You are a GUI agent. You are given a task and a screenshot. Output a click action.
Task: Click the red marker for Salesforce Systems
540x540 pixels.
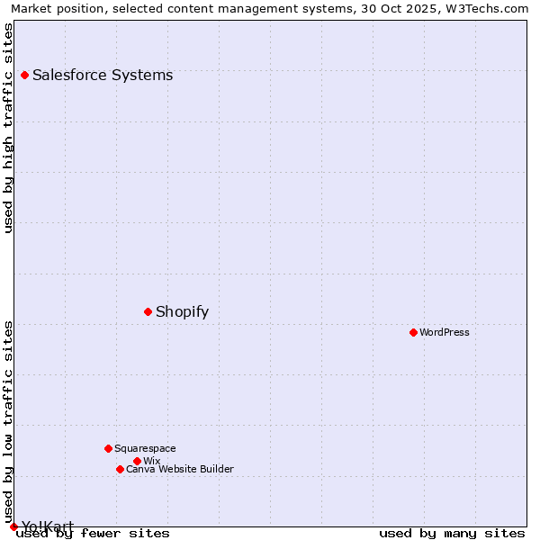click(24, 76)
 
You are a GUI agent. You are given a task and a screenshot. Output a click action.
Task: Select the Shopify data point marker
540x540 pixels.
click(148, 312)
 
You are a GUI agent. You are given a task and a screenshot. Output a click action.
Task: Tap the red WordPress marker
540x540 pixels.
click(413, 333)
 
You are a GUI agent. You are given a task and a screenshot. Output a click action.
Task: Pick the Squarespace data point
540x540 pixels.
click(108, 448)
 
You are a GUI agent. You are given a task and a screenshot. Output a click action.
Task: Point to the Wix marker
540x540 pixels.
click(137, 461)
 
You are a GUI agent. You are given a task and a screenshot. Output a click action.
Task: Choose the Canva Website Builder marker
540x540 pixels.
click(120, 469)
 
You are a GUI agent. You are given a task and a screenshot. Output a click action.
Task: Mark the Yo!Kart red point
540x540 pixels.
click(13, 526)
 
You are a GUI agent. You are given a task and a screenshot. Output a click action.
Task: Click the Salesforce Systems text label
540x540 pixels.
click(103, 76)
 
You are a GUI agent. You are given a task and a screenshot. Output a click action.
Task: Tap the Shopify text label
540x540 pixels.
click(182, 312)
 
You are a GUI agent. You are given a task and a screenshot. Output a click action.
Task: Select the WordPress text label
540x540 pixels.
click(445, 333)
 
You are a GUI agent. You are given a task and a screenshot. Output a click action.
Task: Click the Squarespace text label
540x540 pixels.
click(145, 448)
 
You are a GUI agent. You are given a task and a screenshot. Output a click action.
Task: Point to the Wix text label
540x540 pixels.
click(151, 461)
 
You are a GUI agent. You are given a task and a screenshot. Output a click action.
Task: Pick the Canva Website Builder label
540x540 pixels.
click(180, 469)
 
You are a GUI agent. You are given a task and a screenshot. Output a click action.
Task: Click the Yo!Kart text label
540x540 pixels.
click(47, 526)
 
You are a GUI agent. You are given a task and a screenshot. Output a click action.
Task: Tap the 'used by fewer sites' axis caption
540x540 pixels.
click(93, 534)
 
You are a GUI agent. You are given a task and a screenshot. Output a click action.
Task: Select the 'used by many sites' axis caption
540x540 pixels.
click(452, 534)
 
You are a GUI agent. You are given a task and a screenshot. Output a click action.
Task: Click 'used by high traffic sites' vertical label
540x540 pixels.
click(8, 128)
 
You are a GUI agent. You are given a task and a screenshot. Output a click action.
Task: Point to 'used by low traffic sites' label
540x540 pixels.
click(8, 421)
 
